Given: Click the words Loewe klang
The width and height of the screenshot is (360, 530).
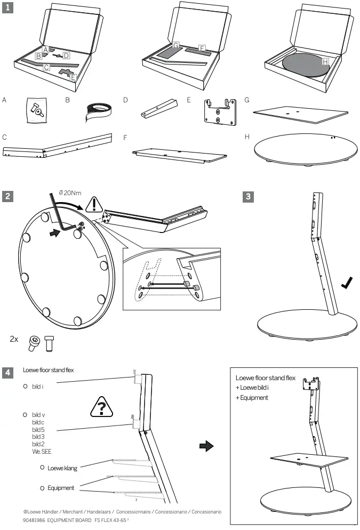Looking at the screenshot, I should (62, 468).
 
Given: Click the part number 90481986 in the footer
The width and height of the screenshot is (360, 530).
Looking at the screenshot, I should (35, 519).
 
